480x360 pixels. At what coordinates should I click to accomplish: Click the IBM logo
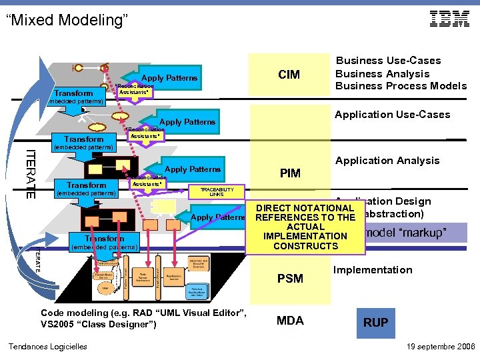coord(449,19)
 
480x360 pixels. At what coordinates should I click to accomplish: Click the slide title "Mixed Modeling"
coord(66,20)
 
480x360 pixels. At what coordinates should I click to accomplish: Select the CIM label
coord(289,75)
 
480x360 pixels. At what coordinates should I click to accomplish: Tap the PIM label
coord(290,174)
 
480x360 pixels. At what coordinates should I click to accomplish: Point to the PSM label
coord(290,278)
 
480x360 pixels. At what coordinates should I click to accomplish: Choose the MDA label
coord(290,321)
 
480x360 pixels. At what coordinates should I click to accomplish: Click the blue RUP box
coord(375,322)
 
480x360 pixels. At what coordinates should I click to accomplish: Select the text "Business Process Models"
coord(401,86)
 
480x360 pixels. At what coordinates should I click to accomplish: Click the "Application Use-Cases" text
coord(392,115)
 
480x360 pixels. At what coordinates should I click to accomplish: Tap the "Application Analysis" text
coord(387,161)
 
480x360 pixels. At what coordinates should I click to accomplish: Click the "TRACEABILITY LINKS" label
coord(215,192)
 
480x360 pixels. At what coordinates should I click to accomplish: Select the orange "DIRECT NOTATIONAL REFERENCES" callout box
coord(305,227)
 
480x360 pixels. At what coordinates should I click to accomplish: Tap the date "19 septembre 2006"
coord(440,347)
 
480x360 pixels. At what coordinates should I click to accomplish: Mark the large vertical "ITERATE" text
coord(30,173)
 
